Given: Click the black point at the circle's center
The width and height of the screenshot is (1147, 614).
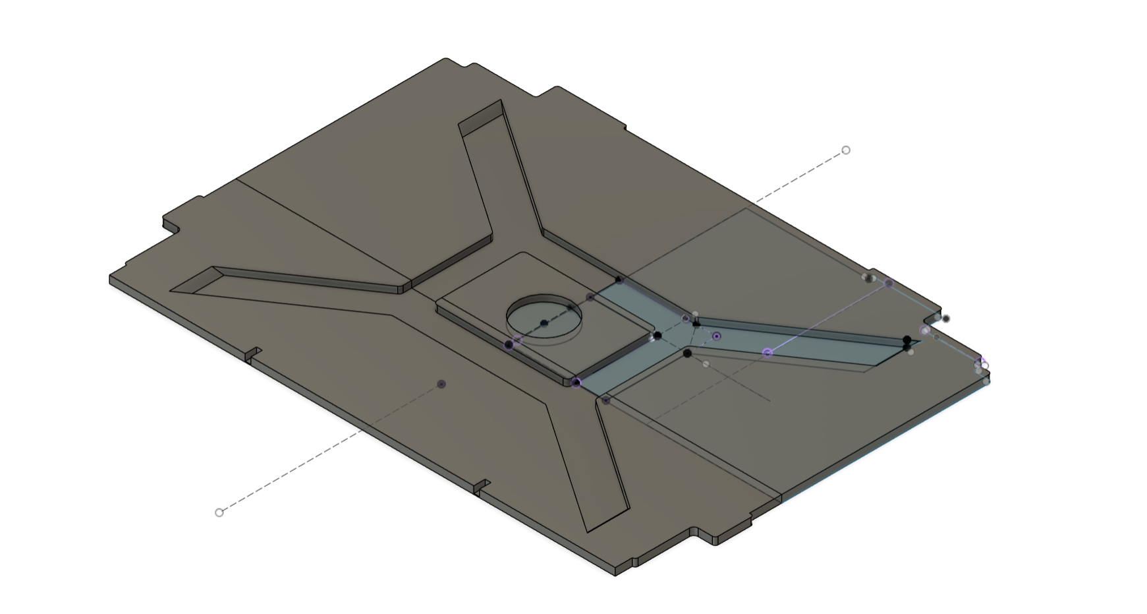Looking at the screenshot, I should pyautogui.click(x=544, y=323).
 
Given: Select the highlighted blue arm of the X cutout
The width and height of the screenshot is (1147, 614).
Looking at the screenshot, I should pyautogui.click(x=804, y=340).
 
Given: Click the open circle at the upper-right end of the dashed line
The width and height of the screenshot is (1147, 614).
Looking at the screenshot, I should pyautogui.click(x=846, y=150).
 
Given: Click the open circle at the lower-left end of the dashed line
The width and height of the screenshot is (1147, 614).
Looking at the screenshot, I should pyautogui.click(x=219, y=512).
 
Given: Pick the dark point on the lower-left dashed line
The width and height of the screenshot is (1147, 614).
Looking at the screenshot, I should pyautogui.click(x=441, y=384).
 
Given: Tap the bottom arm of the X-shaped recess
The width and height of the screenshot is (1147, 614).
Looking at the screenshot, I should pyautogui.click(x=586, y=462).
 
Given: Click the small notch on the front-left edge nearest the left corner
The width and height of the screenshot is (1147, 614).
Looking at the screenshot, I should pyautogui.click(x=254, y=355).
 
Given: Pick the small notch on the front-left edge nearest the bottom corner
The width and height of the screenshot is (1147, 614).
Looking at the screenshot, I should pyautogui.click(x=482, y=487).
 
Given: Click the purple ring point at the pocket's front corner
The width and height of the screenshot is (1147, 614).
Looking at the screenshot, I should pyautogui.click(x=576, y=383).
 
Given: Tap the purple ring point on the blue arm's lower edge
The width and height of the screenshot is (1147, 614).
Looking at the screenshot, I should pyautogui.click(x=768, y=353).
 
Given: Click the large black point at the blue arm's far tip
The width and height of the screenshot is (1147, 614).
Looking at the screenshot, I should pyautogui.click(x=907, y=340).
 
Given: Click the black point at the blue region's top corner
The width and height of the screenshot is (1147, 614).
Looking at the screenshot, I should pyautogui.click(x=619, y=280).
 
